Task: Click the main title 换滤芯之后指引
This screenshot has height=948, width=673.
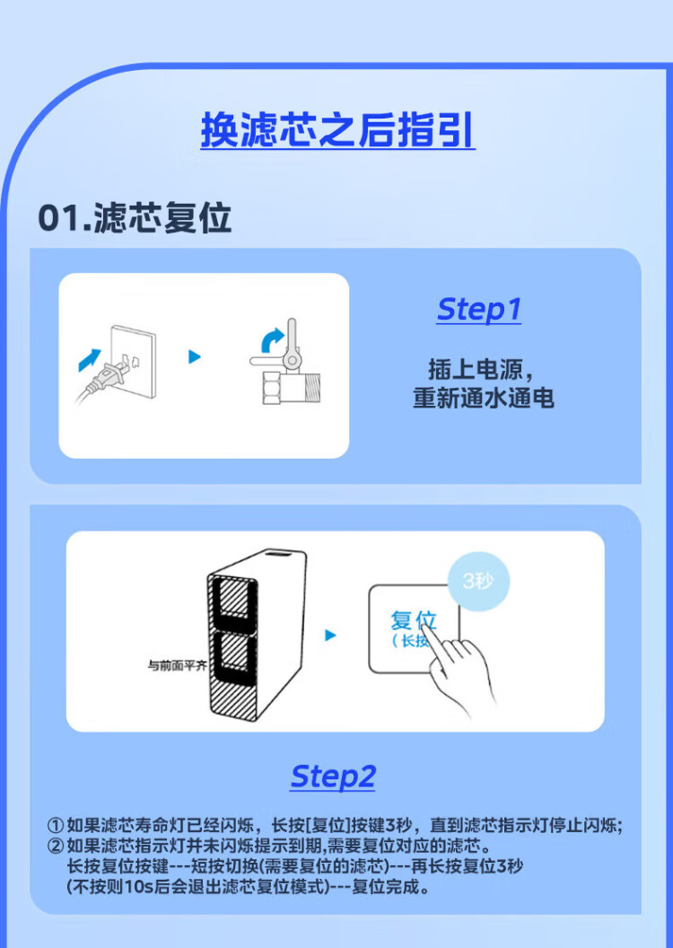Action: [337, 129]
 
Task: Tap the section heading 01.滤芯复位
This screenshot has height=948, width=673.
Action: [135, 218]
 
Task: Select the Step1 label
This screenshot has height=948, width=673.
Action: [478, 310]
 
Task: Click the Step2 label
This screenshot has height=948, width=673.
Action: [333, 777]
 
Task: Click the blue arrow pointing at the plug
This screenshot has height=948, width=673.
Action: [90, 359]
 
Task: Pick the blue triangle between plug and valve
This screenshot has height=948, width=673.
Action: [195, 356]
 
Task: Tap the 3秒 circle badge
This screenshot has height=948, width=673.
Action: [478, 582]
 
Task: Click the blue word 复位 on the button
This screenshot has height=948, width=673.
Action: [414, 620]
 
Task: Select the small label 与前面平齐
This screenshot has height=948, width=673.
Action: [178, 665]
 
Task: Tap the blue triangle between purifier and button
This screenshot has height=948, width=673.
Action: [330, 635]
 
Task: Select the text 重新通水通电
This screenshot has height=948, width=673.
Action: [484, 399]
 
